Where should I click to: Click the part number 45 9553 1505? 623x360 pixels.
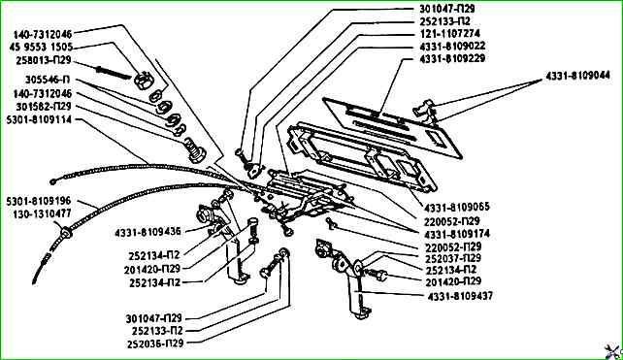41,47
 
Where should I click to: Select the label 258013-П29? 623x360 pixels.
44,60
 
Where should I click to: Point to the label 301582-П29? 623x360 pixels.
44,107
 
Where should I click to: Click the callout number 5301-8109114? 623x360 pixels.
40,119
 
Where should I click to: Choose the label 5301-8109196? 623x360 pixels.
39,201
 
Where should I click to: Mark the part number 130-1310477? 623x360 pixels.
42,213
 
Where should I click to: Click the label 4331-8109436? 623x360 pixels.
148,232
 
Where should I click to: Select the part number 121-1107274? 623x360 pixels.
449,33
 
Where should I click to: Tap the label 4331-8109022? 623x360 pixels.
452,47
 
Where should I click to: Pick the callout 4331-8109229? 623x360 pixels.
452,58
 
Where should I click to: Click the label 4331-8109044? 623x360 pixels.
577,75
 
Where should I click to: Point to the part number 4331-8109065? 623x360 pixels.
457,207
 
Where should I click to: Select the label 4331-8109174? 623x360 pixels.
457,234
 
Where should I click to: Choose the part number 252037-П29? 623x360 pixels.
453,258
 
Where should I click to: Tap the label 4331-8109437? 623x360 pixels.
460,296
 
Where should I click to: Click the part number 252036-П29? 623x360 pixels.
155,344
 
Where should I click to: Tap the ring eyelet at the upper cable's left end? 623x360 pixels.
53,181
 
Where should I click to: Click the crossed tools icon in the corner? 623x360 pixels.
612,351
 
